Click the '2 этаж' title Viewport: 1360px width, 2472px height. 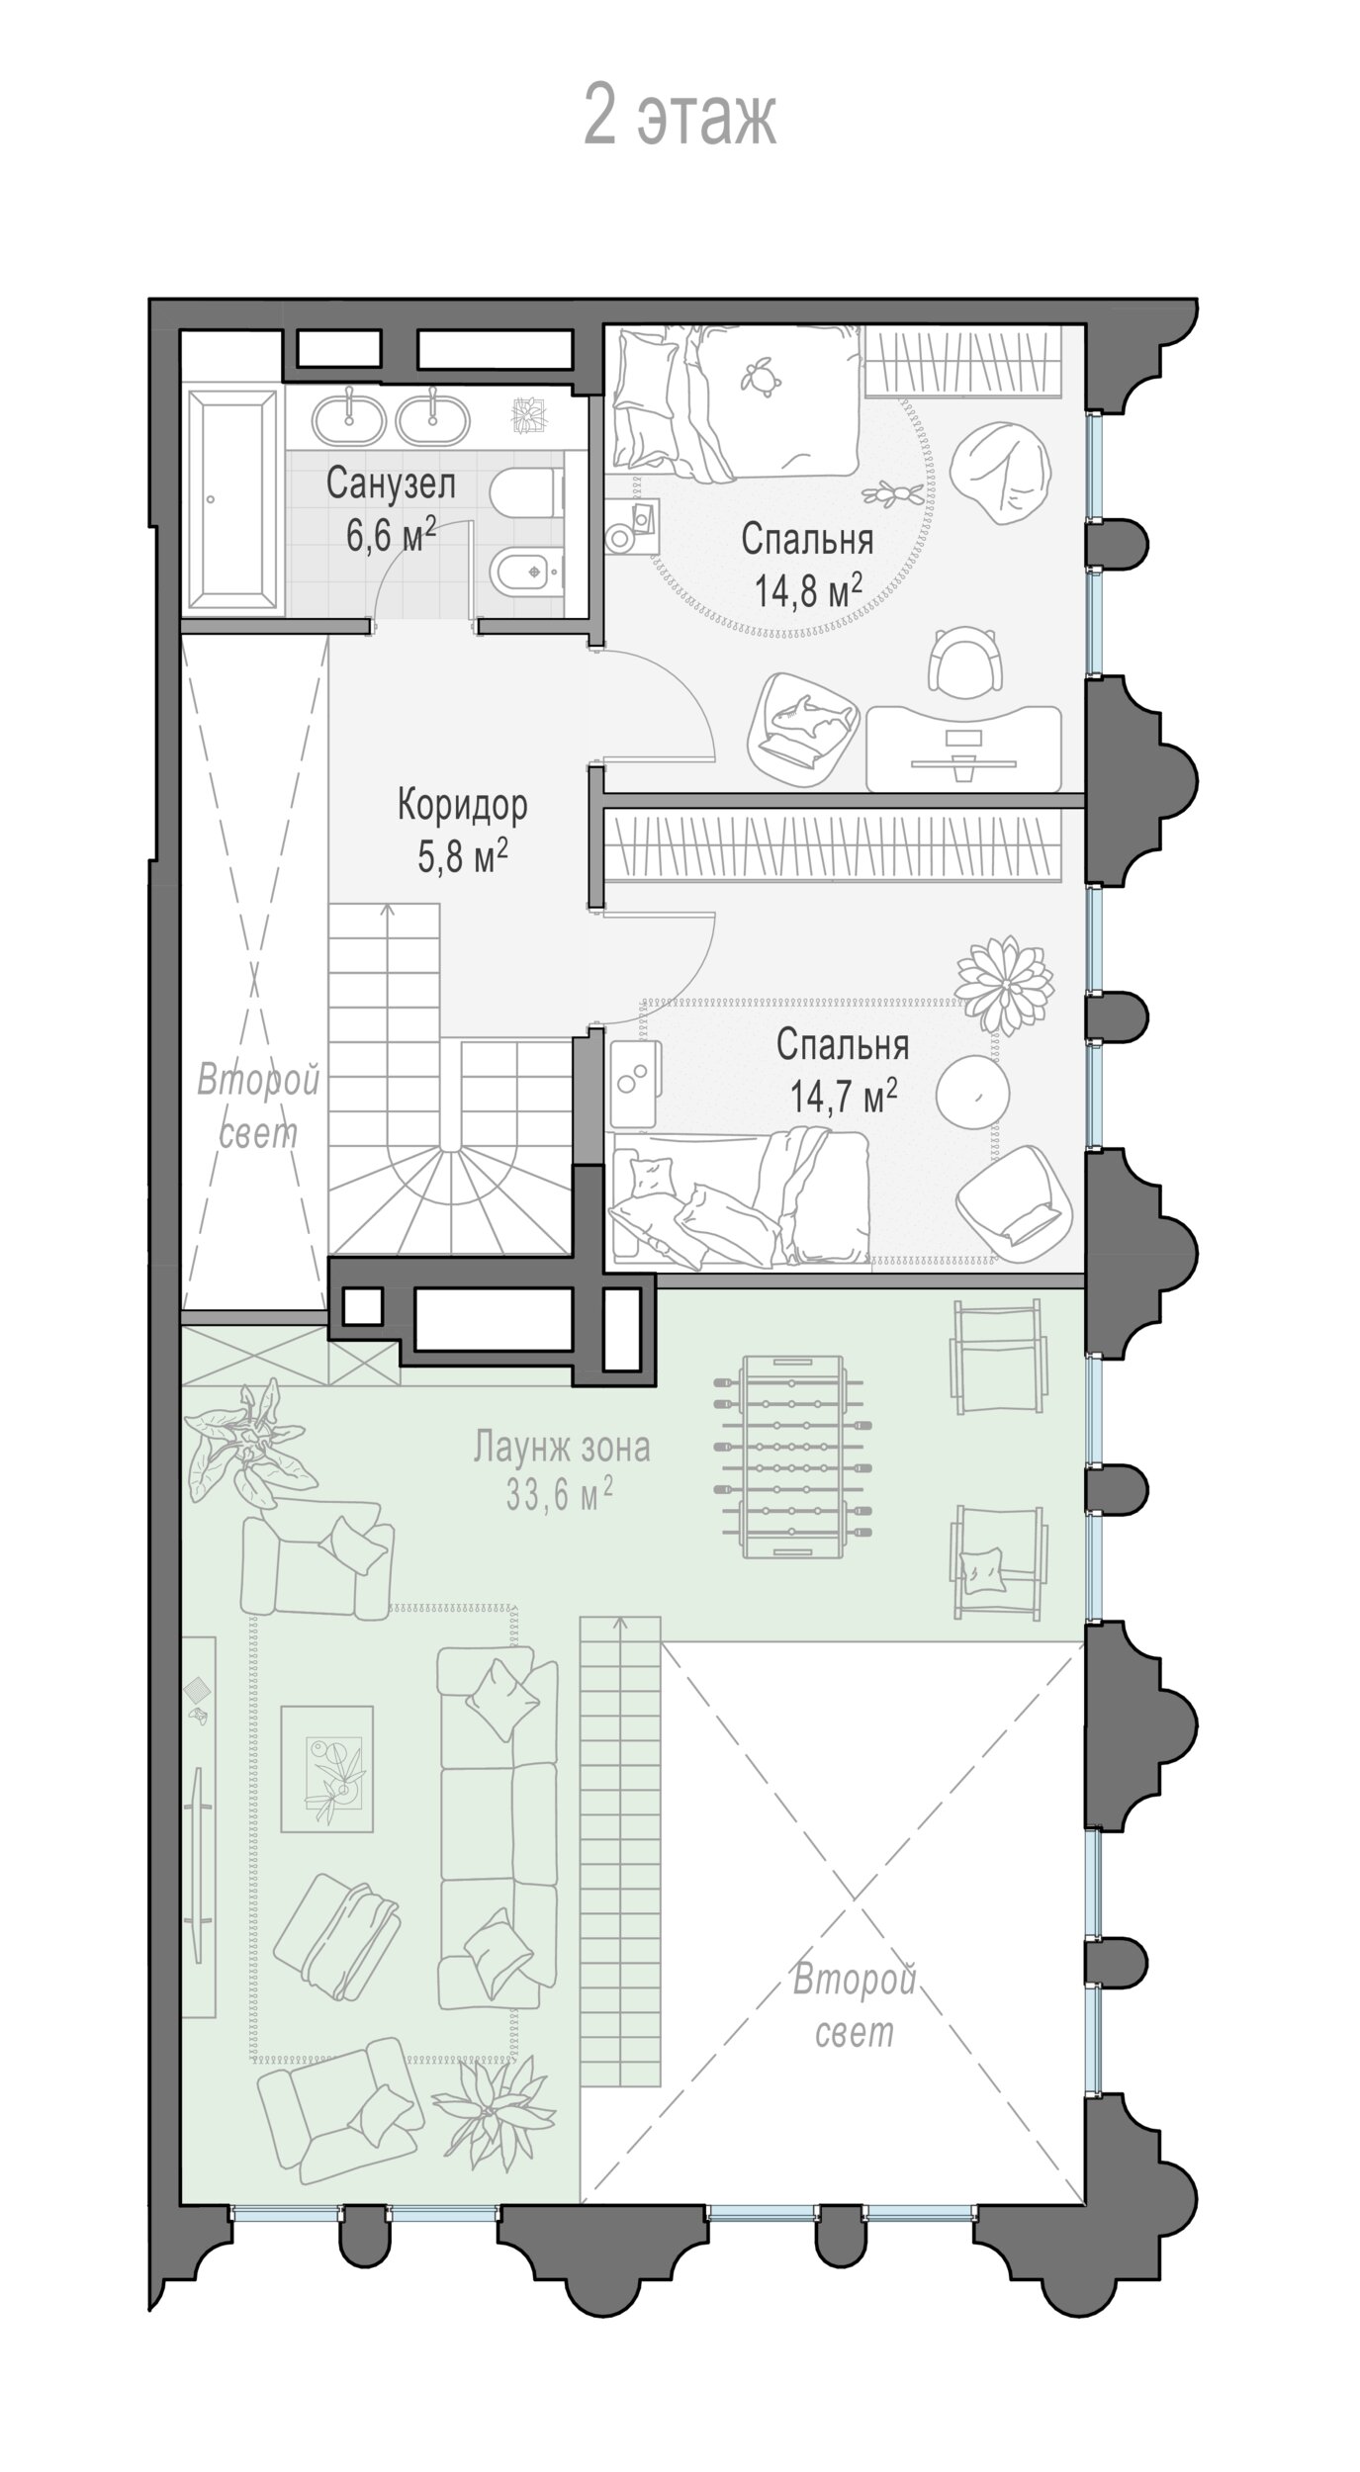click(x=680, y=115)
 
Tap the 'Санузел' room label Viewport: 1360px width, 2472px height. click(x=391, y=486)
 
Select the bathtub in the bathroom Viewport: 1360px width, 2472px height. click(x=234, y=501)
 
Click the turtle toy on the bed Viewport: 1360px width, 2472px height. click(x=758, y=375)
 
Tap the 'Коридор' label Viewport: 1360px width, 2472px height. click(x=462, y=806)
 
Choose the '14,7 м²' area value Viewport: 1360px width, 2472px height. click(x=844, y=1095)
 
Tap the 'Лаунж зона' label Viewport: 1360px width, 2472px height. click(x=561, y=1447)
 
